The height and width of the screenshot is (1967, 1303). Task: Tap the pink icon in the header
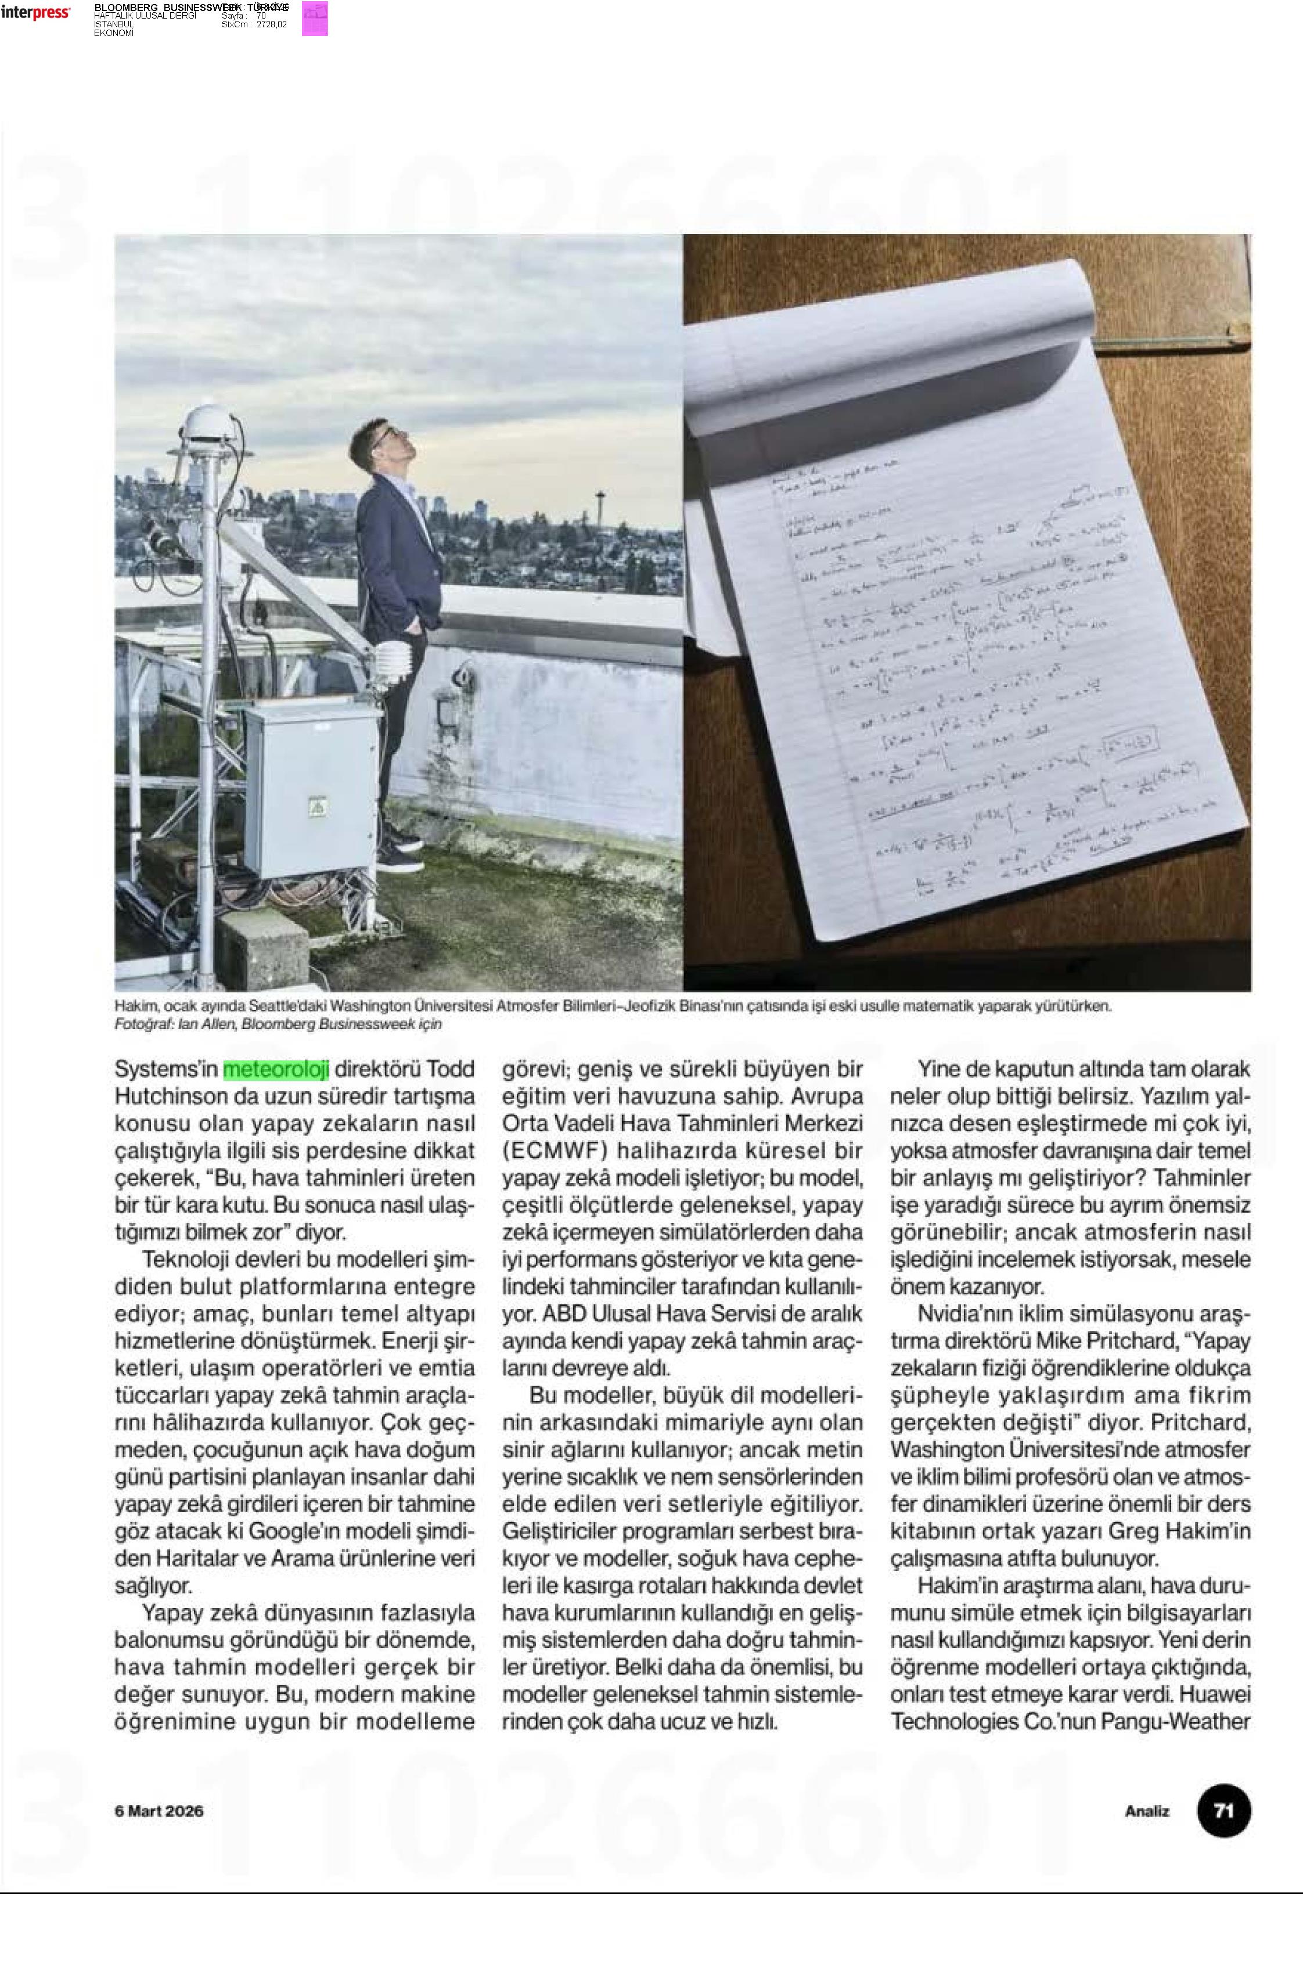(315, 18)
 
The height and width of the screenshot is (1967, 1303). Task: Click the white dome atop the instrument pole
(205, 425)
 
